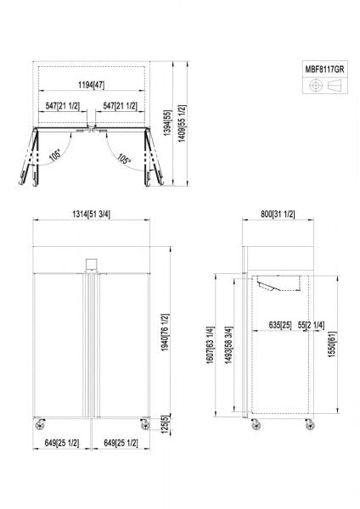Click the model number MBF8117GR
[x=324, y=70]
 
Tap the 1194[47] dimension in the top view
[x=92, y=85]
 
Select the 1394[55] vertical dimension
[x=167, y=123]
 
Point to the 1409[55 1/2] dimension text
[x=183, y=123]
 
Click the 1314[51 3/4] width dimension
[x=91, y=214]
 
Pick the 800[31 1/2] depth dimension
[x=278, y=214]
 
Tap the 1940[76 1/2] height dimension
[x=166, y=333]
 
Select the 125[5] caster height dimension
[x=166, y=424]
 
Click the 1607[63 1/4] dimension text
[x=211, y=344]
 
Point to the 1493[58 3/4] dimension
[x=229, y=344]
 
